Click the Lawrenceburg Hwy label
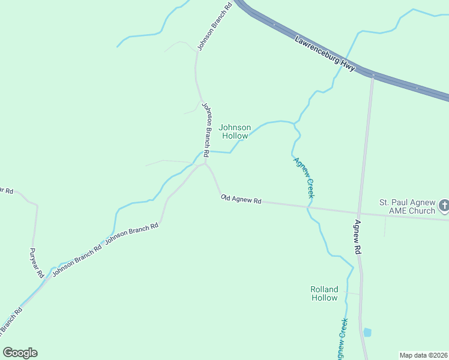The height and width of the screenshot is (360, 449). tap(325, 52)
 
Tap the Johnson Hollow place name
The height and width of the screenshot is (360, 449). tap(235, 131)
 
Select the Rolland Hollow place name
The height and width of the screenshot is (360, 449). tap(324, 293)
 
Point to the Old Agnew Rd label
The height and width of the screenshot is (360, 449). tap(241, 199)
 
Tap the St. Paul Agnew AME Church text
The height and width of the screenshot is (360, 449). tap(406, 206)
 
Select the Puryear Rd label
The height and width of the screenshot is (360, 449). tap(37, 262)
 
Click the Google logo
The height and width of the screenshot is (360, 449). tap(20, 353)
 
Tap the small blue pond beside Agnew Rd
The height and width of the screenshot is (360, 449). tap(367, 332)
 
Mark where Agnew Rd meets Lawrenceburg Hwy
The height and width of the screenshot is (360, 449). tap(372, 75)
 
